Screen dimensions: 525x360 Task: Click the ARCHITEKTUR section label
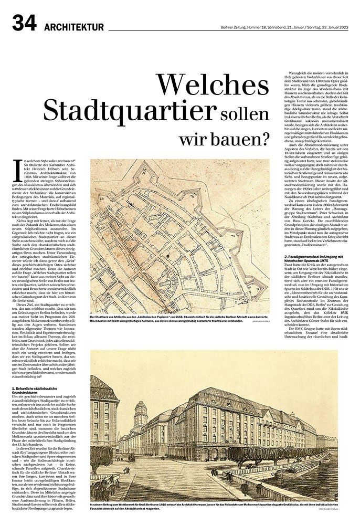74,27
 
